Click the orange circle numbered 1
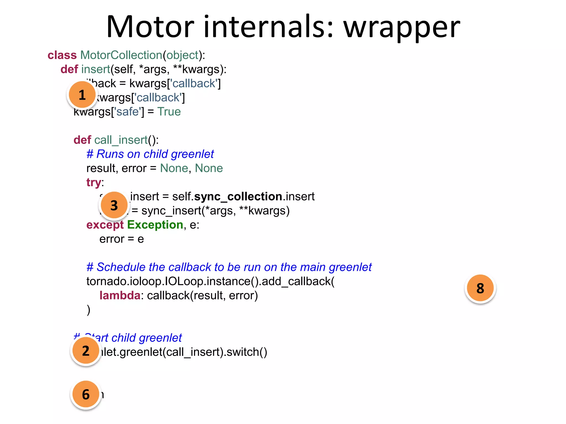click(82, 95)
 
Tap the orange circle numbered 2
click(86, 351)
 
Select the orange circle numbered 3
click(114, 205)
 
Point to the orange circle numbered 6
click(86, 394)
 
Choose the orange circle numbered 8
click(480, 288)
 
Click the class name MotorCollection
click(121, 55)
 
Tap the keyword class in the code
click(62, 55)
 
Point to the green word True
click(169, 112)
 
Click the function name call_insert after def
click(121, 140)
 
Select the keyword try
click(94, 182)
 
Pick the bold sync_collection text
click(238, 197)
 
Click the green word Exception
click(155, 225)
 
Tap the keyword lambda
click(120, 296)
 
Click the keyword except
click(105, 225)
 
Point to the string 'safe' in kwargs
click(127, 112)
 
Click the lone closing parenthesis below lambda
click(88, 310)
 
